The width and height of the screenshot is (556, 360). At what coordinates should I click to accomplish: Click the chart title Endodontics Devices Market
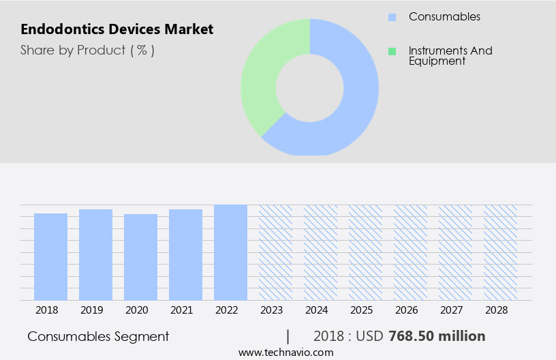click(x=117, y=29)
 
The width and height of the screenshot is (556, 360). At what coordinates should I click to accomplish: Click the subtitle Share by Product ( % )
click(x=87, y=50)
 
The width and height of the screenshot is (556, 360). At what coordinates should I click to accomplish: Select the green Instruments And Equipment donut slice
click(x=262, y=75)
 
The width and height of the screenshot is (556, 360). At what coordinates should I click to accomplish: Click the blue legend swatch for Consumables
click(x=392, y=17)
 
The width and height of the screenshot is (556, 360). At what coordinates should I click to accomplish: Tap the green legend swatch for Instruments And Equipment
click(x=392, y=51)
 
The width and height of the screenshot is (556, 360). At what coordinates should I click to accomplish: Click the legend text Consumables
click(x=444, y=16)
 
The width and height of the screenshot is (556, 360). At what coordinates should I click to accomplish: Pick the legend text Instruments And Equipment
click(x=450, y=56)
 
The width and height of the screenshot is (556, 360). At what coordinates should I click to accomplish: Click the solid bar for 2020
click(x=140, y=257)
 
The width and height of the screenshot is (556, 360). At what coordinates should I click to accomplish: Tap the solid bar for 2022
click(x=230, y=252)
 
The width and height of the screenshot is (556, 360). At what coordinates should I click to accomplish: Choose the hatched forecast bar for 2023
click(x=275, y=252)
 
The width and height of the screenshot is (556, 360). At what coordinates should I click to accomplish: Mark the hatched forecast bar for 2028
click(x=500, y=252)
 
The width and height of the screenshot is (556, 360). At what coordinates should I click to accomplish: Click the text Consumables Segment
click(x=98, y=336)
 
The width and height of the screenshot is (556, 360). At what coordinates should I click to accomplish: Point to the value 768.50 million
click(x=437, y=336)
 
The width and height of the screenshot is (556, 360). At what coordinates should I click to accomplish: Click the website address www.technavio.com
click(x=286, y=352)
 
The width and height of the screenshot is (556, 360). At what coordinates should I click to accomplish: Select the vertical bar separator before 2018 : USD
click(x=288, y=336)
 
